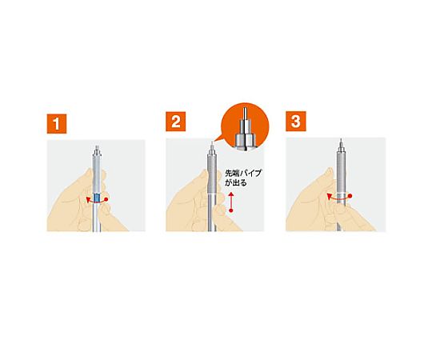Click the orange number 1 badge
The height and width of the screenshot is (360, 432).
[x=57, y=124]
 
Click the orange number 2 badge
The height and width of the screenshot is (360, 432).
[x=176, y=122]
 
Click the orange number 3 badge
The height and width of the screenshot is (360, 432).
[x=296, y=121]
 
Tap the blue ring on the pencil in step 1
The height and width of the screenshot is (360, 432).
[x=97, y=198]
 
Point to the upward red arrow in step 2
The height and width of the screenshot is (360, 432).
[x=231, y=202]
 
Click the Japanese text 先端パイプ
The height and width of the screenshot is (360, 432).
[x=243, y=174]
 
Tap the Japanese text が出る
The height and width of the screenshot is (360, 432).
[x=236, y=183]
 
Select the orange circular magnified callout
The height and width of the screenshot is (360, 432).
[x=246, y=126]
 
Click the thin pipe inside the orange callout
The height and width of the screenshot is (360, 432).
[x=245, y=113]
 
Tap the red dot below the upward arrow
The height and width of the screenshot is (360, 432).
[x=231, y=210]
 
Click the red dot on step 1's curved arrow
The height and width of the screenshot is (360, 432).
[x=107, y=199]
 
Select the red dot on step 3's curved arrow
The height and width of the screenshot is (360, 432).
[x=350, y=196]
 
